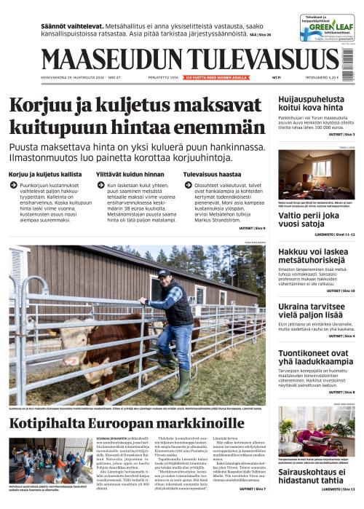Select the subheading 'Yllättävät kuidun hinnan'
(x=123, y=175)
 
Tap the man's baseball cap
(x=165, y=273)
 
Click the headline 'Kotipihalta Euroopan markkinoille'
(x=127, y=424)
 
